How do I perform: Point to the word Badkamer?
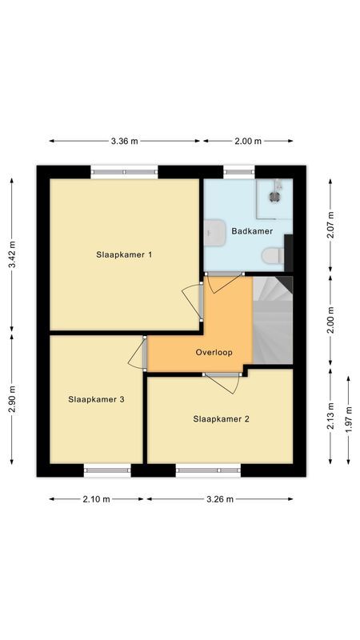pyautogui.click(x=251, y=231)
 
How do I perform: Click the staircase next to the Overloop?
pyautogui.click(x=272, y=320)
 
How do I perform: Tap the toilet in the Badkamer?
pyautogui.click(x=273, y=255)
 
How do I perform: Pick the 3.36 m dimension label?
pyautogui.click(x=124, y=141)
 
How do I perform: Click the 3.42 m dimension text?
pyautogui.click(x=12, y=254)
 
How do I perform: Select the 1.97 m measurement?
pyautogui.click(x=349, y=418)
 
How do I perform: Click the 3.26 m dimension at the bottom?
pyautogui.click(x=218, y=499)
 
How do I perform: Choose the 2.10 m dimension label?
pyautogui.click(x=96, y=499)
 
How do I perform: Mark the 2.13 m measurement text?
pyautogui.click(x=330, y=416)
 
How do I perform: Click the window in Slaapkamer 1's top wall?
pyautogui.click(x=123, y=170)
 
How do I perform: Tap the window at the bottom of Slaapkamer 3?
pyautogui.click(x=107, y=470)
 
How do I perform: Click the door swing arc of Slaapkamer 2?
pyautogui.click(x=226, y=384)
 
